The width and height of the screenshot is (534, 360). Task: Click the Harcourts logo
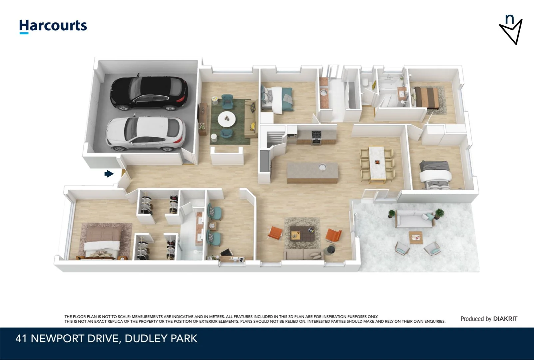(x=53, y=26)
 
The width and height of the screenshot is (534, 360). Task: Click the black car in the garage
(x=149, y=93)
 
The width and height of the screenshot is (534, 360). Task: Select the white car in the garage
(x=145, y=133)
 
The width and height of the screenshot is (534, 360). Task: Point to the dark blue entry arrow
(x=109, y=174)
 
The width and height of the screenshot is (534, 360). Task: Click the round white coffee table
(x=227, y=119)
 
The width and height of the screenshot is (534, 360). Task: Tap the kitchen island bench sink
(x=322, y=167)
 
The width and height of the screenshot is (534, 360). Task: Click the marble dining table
(x=377, y=164)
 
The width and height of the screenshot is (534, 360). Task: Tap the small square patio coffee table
(x=415, y=237)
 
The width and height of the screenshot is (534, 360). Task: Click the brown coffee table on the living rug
(x=302, y=233)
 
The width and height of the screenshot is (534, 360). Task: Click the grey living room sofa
(x=303, y=255)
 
